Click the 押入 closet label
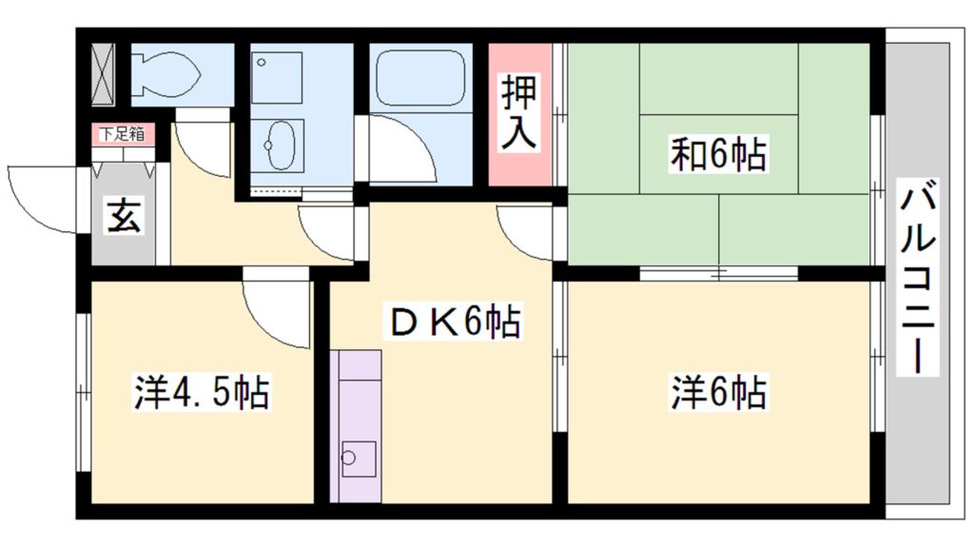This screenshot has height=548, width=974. pyautogui.click(x=519, y=115)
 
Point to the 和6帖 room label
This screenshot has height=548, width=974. pyautogui.click(x=718, y=153)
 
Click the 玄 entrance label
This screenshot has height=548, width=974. pyautogui.click(x=124, y=218)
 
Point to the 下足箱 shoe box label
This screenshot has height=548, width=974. pyautogui.click(x=124, y=134)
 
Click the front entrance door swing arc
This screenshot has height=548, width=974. pyautogui.click(x=38, y=195)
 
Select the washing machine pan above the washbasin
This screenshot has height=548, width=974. pyautogui.click(x=276, y=78)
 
